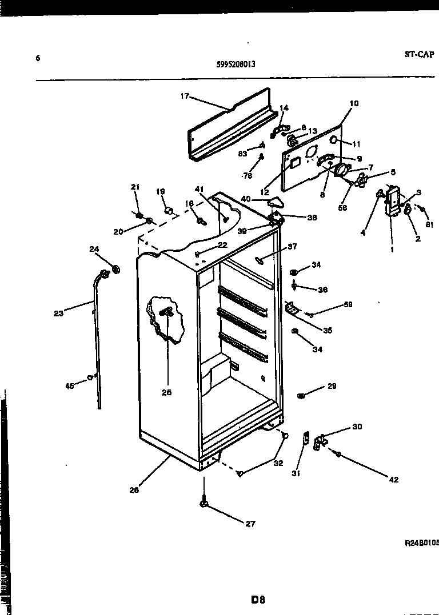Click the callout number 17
(x=184, y=97)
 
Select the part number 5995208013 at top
(x=236, y=65)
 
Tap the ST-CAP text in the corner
(x=420, y=54)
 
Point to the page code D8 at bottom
(x=258, y=600)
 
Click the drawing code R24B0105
(x=421, y=544)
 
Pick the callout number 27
(x=250, y=524)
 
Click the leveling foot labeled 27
(x=203, y=503)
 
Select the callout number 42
(x=394, y=480)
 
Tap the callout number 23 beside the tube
(x=59, y=312)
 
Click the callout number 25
(x=166, y=392)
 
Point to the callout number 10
(x=354, y=103)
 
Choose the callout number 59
(x=348, y=305)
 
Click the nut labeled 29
(x=301, y=395)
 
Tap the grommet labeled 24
(x=114, y=268)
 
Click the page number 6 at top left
(x=38, y=58)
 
